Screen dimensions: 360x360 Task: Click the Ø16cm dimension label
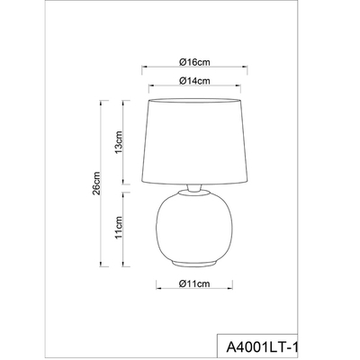[x=194, y=62]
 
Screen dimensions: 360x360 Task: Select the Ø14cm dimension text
[x=194, y=81]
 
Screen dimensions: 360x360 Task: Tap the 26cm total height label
[x=96, y=184]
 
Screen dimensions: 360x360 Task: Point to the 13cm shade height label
[x=119, y=142]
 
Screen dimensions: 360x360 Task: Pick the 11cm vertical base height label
[x=119, y=228]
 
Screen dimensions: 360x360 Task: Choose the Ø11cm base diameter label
[x=194, y=283]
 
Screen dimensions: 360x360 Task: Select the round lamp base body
[x=194, y=228]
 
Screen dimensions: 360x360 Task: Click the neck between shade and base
[x=193, y=188]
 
